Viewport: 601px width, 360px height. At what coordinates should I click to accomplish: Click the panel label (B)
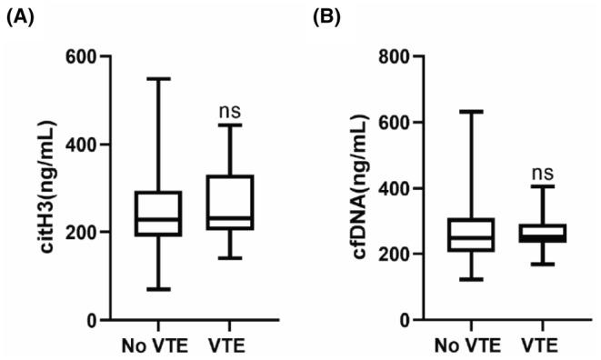click(329, 15)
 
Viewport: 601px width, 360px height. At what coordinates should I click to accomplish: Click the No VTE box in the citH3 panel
click(160, 214)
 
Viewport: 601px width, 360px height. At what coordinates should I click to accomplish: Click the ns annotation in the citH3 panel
click(230, 111)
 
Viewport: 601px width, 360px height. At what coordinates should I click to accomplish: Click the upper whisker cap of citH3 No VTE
click(160, 79)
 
